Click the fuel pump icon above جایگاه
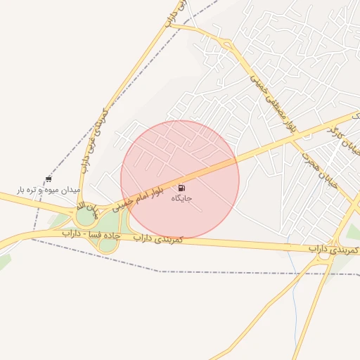click(x=182, y=188)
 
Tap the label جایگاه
click(x=181, y=199)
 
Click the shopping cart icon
click(x=48, y=179)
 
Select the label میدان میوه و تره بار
click(x=49, y=190)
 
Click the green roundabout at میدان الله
click(x=86, y=217)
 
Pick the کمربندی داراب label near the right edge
click(x=335, y=250)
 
